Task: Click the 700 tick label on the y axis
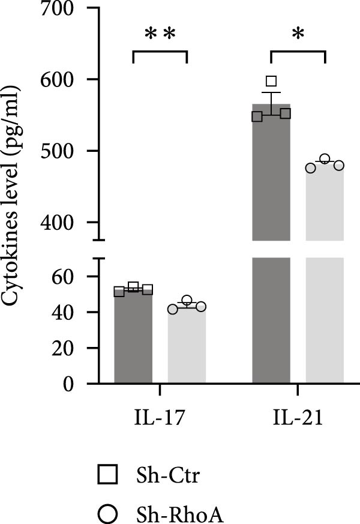(58, 9)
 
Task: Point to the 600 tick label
(58, 80)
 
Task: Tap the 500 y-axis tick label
(58, 151)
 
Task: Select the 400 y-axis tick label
(58, 222)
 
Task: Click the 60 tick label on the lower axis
(64, 276)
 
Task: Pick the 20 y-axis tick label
(64, 348)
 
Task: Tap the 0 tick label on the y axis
(70, 384)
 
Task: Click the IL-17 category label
(160, 418)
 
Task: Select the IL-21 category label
(298, 418)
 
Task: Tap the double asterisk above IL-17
(160, 35)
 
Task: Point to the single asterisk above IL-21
(298, 35)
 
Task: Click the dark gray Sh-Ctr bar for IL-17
(133, 342)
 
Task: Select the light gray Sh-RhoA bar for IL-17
(187, 348)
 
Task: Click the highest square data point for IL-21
(271, 81)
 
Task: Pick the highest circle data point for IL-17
(187, 300)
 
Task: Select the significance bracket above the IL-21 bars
(298, 52)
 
